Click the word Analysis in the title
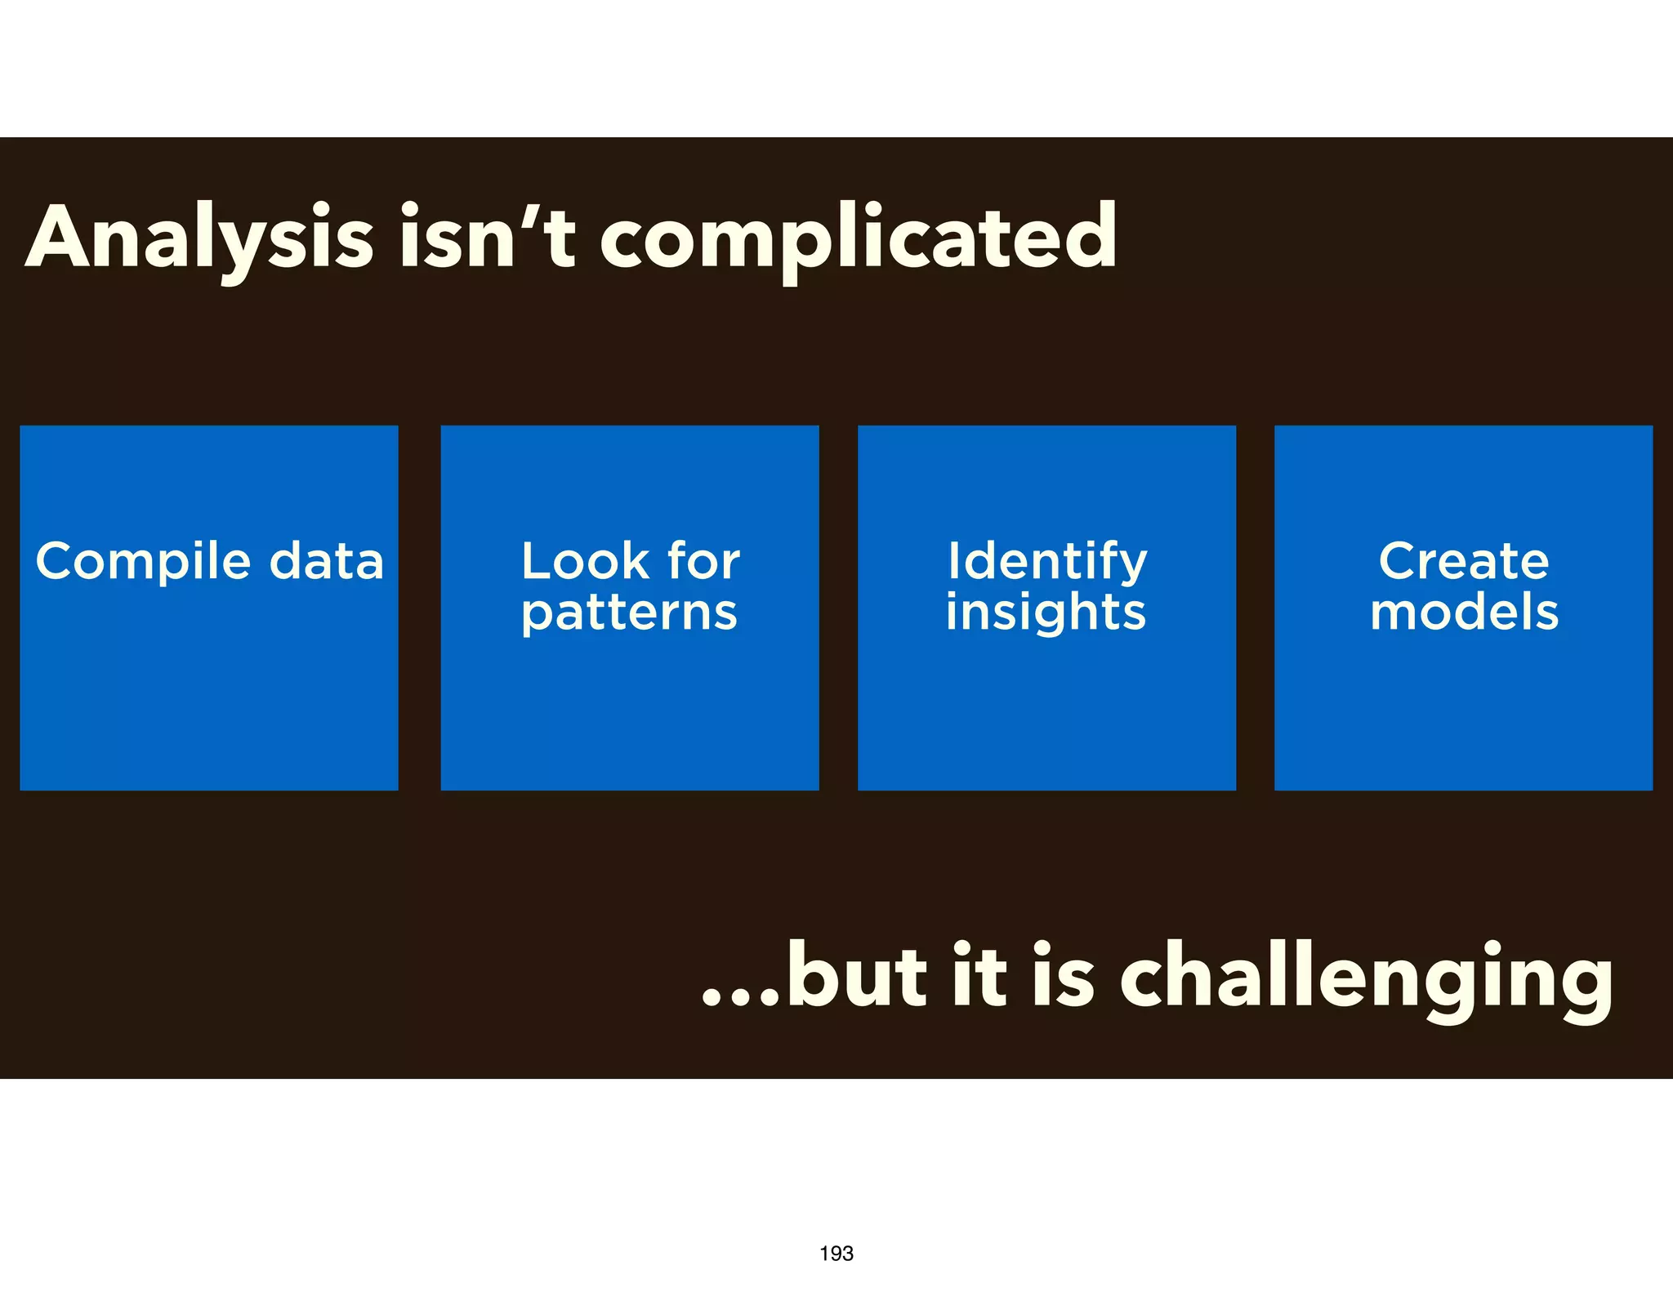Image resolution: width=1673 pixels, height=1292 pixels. coord(200,238)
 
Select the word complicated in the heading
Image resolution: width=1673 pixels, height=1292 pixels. coord(858,238)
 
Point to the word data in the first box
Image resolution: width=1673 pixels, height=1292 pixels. coord(326,562)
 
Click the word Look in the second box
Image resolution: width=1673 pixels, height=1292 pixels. coord(585,562)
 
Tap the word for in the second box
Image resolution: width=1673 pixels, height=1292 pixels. coord(703,562)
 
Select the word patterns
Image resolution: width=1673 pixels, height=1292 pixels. coord(629,613)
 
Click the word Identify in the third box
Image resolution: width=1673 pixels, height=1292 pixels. coord(1047,562)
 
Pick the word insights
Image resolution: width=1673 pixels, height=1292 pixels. coord(1046,613)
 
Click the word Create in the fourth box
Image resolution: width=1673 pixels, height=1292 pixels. coord(1463,562)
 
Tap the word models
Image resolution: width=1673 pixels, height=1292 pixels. coord(1464,613)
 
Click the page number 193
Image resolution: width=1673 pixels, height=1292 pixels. coord(836,1254)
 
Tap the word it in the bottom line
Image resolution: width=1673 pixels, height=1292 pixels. coord(979,977)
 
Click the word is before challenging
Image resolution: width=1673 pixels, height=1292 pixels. coord(1062,977)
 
